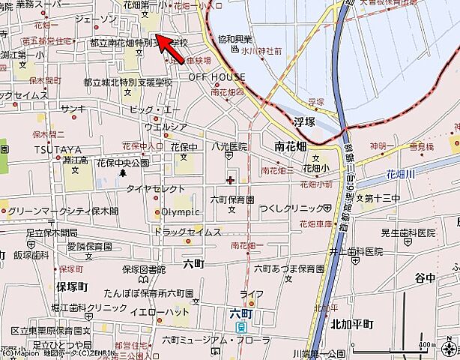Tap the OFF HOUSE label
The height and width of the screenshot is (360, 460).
[217, 77]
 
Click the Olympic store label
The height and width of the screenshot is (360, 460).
[181, 211]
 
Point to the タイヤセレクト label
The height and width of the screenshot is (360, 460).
[155, 189]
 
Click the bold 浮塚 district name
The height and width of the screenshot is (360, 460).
[303, 119]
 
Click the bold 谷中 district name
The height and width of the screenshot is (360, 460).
[425, 277]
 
